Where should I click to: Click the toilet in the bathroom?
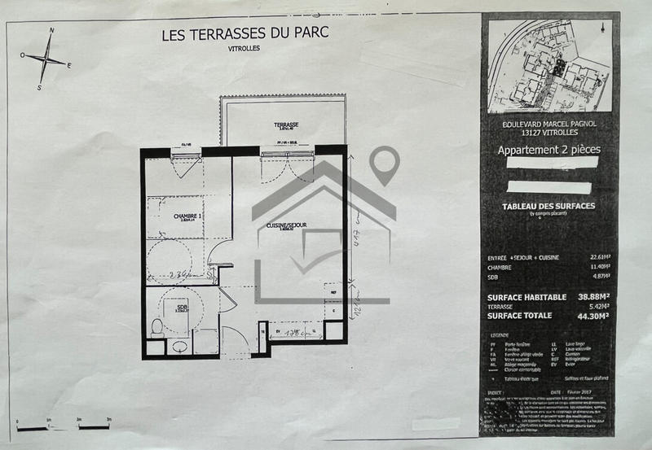click(156, 328)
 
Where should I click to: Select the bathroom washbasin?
click(179, 345)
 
